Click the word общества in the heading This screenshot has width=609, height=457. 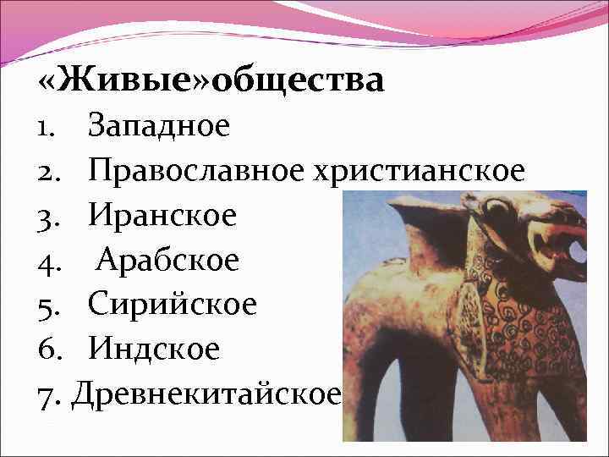click(x=298, y=81)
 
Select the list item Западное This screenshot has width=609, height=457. click(x=158, y=126)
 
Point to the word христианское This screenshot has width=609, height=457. click(x=420, y=171)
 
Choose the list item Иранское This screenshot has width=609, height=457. click(x=162, y=216)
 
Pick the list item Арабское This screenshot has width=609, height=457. click(x=167, y=260)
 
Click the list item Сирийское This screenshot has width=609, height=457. click(x=172, y=304)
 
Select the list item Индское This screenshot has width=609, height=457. click(x=153, y=348)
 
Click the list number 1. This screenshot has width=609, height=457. click(x=46, y=127)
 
